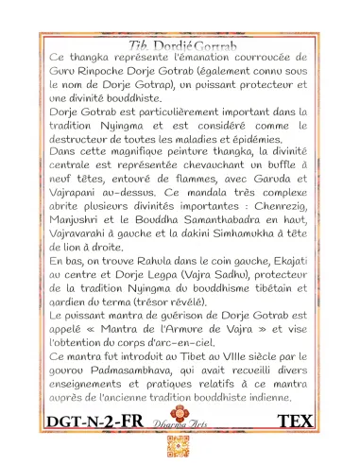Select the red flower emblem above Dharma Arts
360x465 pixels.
click(179, 415)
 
